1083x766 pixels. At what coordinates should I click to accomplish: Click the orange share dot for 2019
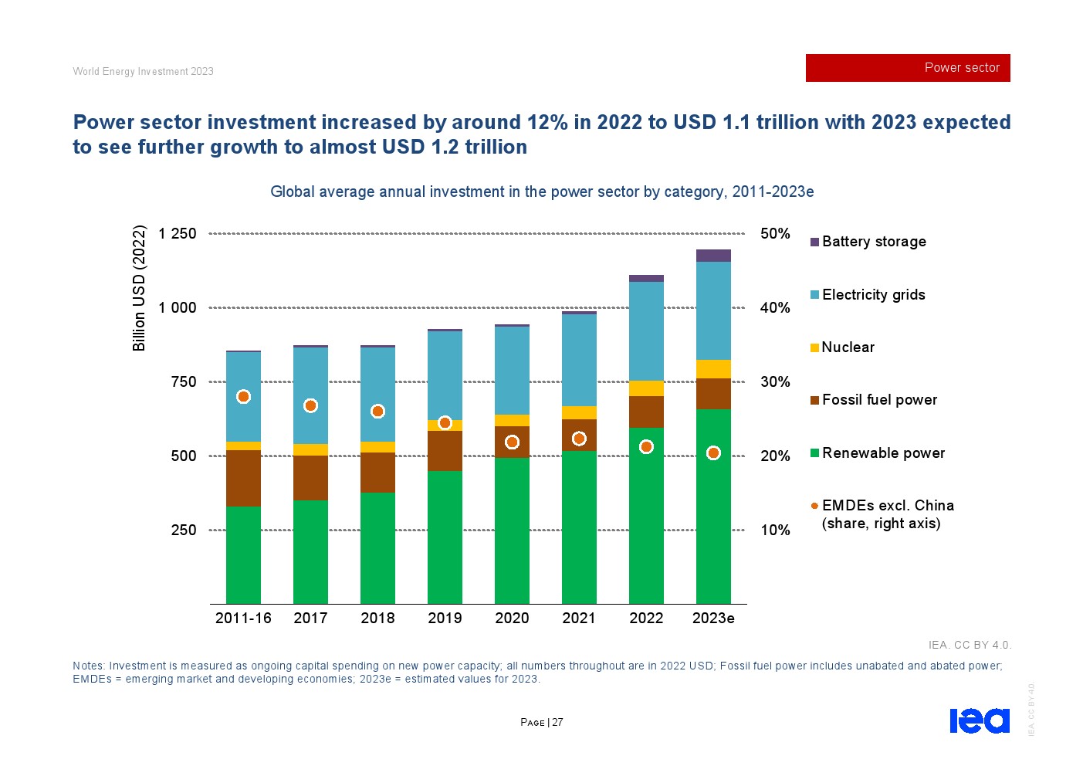[445, 422]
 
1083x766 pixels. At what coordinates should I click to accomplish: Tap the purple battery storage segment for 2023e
[713, 256]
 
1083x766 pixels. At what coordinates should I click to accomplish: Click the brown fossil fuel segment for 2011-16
[243, 478]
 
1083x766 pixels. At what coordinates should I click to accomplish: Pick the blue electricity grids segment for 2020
[512, 371]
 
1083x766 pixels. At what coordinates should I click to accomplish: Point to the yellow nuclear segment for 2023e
[713, 369]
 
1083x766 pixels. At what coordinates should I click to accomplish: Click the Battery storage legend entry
[873, 242]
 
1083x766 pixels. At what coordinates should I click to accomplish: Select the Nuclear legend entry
[847, 347]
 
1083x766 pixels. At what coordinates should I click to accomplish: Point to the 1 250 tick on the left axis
[178, 233]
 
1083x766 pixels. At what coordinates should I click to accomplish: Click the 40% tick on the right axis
[775, 307]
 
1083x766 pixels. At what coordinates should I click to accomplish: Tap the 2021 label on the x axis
[579, 618]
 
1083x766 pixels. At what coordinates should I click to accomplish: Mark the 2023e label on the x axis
[713, 618]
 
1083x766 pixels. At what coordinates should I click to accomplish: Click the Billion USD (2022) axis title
[139, 287]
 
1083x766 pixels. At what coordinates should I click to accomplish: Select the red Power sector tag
[908, 68]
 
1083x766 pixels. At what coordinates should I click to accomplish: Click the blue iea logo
[979, 720]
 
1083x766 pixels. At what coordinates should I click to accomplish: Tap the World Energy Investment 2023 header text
[143, 71]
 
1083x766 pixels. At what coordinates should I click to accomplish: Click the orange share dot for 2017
[310, 405]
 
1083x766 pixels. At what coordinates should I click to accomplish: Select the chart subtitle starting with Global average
[542, 191]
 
